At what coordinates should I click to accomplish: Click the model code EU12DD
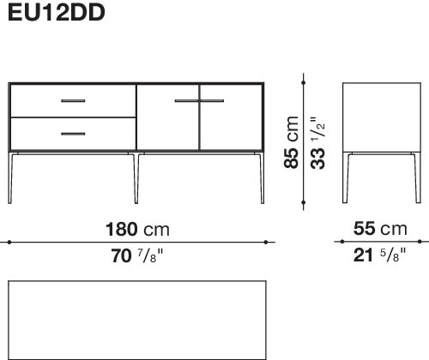point(57,12)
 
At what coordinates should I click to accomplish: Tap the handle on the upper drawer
point(73,101)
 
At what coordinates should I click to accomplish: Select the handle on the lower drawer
point(73,134)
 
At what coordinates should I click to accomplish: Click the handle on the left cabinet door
point(186,101)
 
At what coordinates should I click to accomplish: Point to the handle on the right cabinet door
point(212,101)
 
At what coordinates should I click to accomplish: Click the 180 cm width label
point(137,230)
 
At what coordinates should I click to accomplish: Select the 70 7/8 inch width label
point(137,255)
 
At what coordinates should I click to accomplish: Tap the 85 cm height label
point(292,142)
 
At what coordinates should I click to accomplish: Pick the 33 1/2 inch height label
point(317,143)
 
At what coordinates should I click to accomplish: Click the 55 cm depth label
point(380,229)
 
